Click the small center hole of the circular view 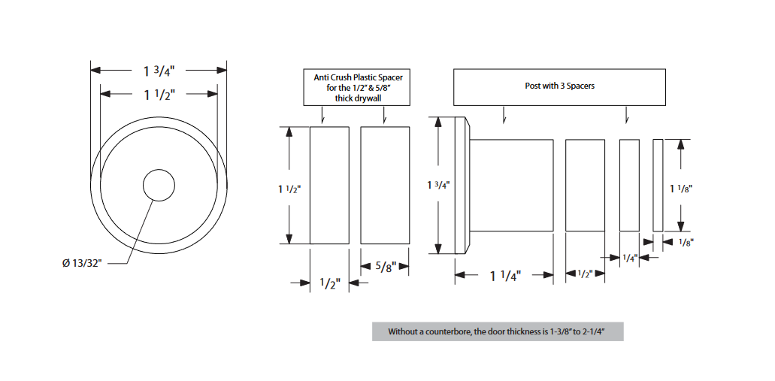[159, 185]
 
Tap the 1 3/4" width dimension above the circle [159, 71]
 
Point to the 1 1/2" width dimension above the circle [159, 94]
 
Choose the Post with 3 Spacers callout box [559, 86]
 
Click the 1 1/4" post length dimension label [504, 276]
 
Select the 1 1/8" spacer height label [680, 188]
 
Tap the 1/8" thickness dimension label [685, 242]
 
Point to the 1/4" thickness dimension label [630, 258]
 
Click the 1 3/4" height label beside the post [438, 184]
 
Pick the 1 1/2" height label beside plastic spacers [289, 189]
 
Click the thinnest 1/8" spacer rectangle [658, 185]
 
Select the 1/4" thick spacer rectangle [629, 185]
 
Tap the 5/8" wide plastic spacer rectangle [385, 185]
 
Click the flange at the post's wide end [462, 186]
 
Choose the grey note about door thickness [497, 331]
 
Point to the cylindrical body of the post [511, 185]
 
